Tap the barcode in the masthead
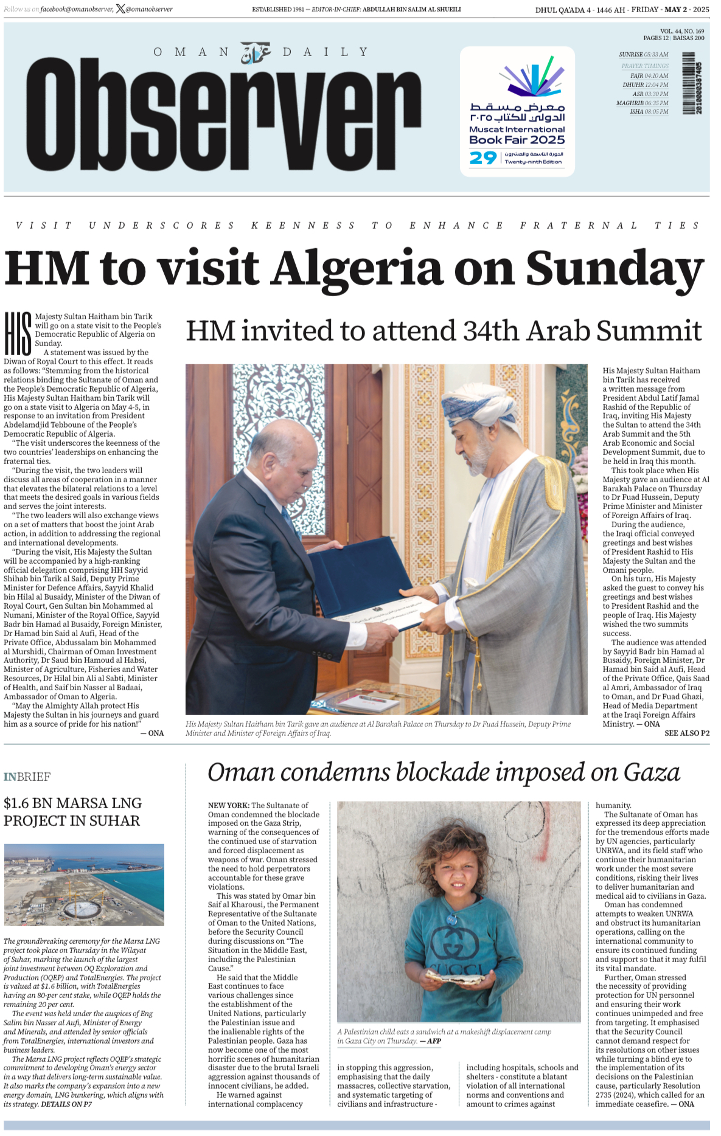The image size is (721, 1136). tap(688, 83)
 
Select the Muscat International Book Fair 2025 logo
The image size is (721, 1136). tap(517, 111)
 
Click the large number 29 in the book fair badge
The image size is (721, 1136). tap(483, 158)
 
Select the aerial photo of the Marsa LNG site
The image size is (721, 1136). tap(84, 884)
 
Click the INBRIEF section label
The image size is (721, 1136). tap(27, 777)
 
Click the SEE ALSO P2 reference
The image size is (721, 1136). tap(686, 733)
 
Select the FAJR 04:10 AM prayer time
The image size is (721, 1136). tap(649, 76)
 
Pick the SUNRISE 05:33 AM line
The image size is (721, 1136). tap(644, 55)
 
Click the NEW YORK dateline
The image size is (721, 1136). tap(228, 805)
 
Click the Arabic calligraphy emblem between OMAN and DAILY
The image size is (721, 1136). tap(256, 53)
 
